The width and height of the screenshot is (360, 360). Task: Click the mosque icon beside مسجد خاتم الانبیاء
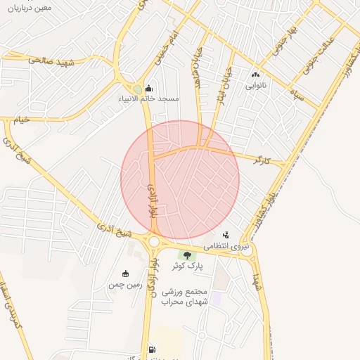(x=148, y=89)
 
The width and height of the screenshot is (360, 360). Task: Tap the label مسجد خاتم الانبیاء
(x=148, y=99)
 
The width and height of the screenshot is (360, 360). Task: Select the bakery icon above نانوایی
(x=255, y=75)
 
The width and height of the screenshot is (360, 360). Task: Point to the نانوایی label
(x=255, y=85)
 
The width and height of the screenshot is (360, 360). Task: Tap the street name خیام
(x=22, y=120)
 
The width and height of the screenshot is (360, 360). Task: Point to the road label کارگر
(x=262, y=160)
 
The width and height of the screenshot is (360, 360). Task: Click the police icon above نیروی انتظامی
(x=226, y=235)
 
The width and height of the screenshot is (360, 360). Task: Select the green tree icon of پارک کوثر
(x=186, y=255)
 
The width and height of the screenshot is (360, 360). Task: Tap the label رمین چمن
(x=125, y=285)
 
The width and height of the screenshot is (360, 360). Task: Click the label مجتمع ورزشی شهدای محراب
(x=184, y=297)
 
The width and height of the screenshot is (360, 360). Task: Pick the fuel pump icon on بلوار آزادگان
(x=152, y=349)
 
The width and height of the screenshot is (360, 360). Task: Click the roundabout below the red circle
(x=155, y=242)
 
